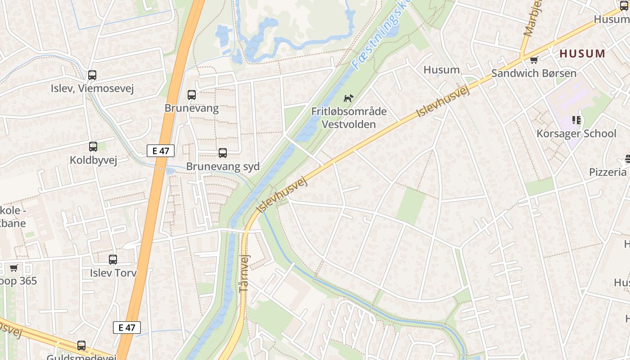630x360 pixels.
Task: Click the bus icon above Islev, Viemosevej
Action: click(92, 75)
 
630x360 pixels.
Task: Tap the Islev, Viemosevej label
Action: click(92, 88)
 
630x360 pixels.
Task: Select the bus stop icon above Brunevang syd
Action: click(223, 153)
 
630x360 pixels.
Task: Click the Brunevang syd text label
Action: click(223, 166)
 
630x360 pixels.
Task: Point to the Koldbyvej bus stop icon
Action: click(93, 147)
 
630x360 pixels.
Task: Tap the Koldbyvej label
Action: click(93, 160)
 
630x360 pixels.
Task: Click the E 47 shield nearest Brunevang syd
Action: click(161, 151)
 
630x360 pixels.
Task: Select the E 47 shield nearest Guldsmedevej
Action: click(127, 328)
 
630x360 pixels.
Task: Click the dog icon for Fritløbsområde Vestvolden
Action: click(348, 98)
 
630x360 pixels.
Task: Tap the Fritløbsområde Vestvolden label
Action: click(349, 117)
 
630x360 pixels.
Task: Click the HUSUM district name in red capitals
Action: click(583, 54)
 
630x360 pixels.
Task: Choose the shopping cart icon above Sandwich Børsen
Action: click(534, 60)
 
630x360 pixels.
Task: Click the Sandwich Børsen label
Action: click(534, 73)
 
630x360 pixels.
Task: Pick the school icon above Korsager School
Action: click(576, 120)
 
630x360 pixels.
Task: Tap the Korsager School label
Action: click(576, 134)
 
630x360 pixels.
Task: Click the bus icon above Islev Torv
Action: click(113, 260)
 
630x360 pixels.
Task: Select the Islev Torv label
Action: click(113, 273)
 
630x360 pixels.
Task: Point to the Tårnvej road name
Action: click(244, 272)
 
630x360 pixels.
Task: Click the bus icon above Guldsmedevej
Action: click(81, 346)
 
